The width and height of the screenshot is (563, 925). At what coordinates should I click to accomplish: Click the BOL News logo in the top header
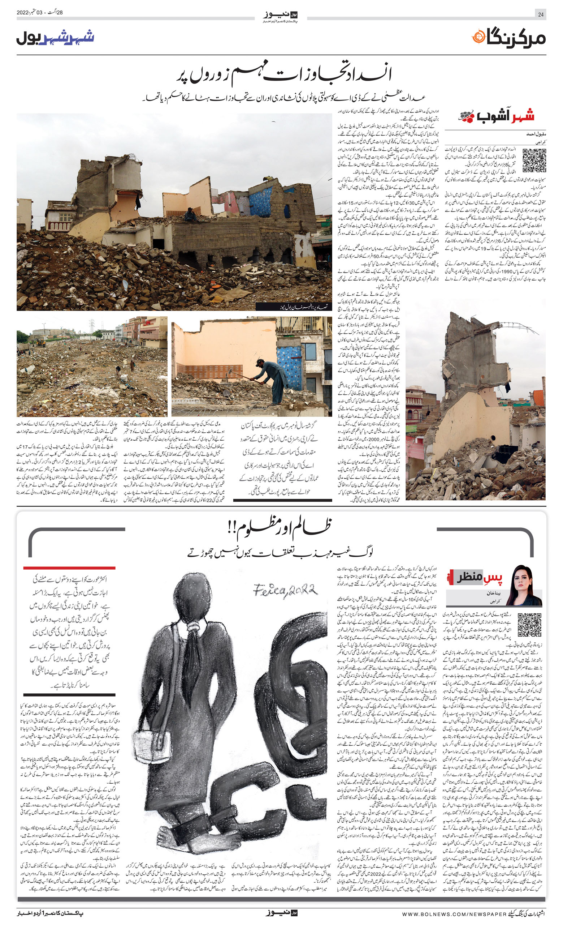point(281,17)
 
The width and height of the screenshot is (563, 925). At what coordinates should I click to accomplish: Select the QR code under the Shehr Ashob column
point(534,160)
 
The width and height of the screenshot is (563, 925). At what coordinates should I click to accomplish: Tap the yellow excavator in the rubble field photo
point(40,342)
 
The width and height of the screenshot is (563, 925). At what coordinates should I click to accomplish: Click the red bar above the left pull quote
point(69,568)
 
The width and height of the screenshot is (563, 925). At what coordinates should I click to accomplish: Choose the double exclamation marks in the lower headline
point(230,528)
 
